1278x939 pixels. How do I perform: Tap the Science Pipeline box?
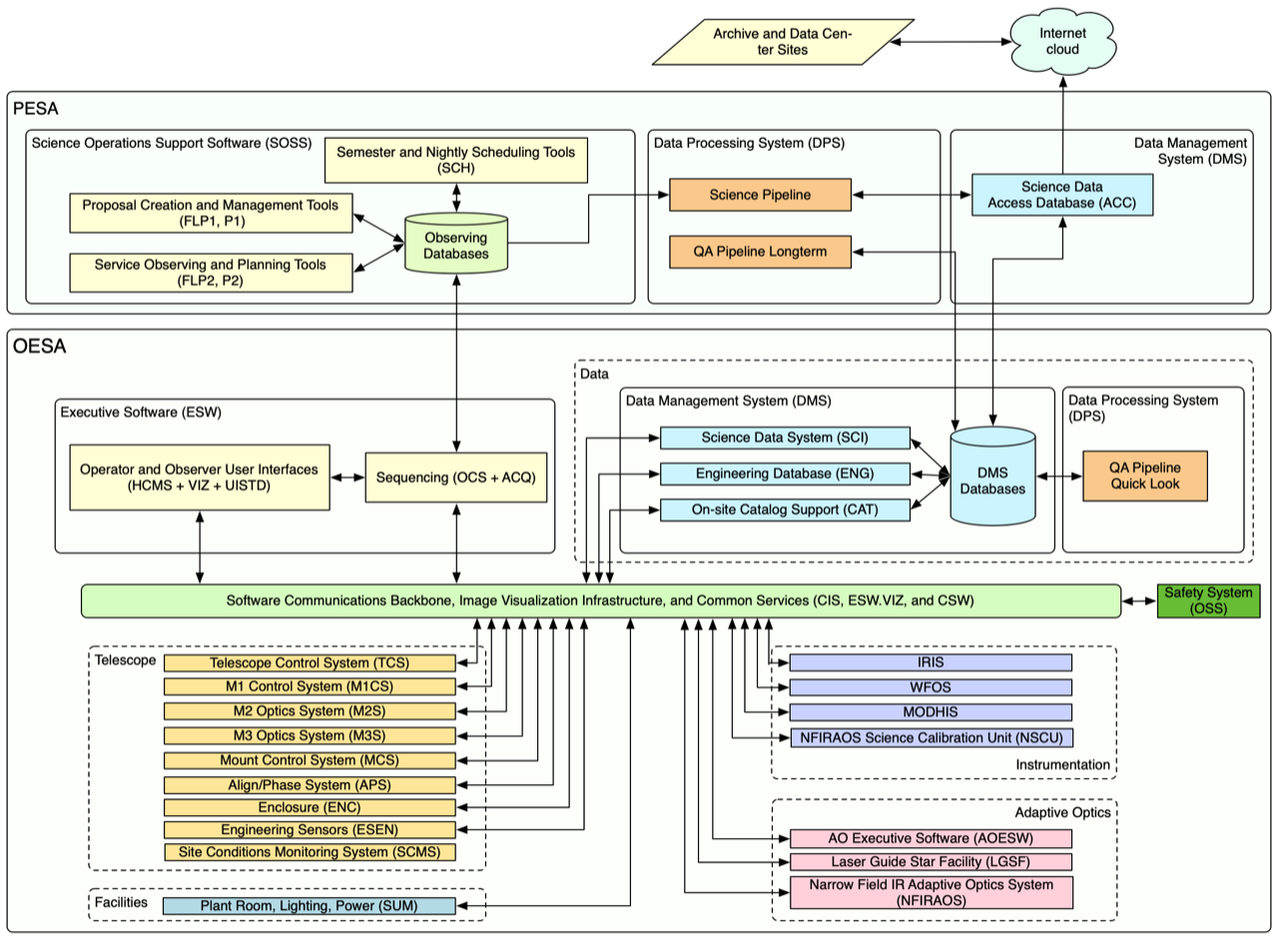(759, 194)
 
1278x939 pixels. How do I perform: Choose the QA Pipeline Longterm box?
(759, 252)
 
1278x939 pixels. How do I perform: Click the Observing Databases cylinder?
(456, 244)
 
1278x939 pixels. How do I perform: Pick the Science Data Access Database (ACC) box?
(1062, 196)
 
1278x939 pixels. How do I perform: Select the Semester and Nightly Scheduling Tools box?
(456, 160)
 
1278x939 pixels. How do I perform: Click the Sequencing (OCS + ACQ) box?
(456, 477)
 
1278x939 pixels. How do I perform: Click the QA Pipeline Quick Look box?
(1143, 475)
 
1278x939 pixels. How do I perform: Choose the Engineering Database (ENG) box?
(785, 473)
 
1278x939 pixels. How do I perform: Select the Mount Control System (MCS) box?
(310, 759)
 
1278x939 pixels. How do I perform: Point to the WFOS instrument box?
(930, 687)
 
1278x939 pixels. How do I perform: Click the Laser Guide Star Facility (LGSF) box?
(930, 861)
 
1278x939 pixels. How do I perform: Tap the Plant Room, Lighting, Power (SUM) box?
(310, 906)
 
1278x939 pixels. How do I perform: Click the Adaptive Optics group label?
(1062, 811)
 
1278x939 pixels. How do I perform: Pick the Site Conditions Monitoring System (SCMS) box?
(310, 853)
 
